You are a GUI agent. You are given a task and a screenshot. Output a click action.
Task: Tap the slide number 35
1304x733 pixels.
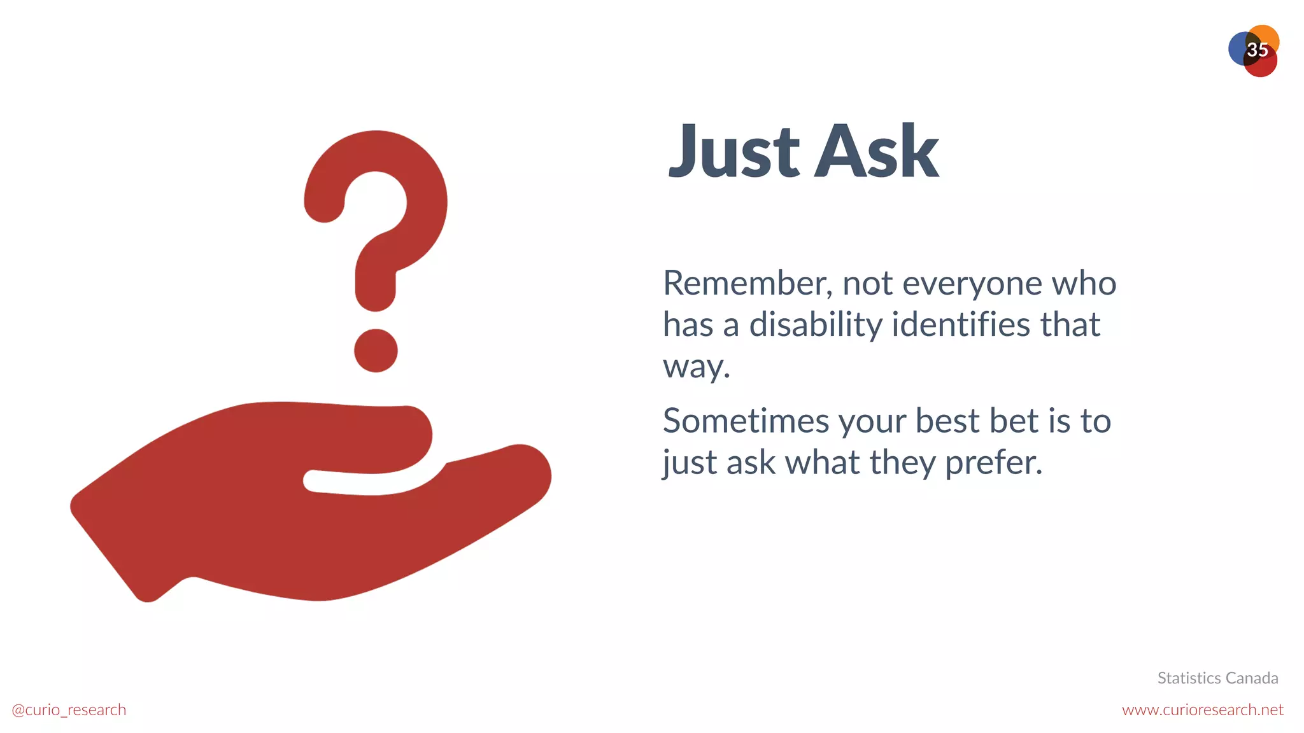1257,50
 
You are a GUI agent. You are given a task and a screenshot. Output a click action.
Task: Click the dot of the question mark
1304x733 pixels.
376,351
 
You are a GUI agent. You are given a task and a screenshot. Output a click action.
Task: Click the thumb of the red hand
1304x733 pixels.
376,439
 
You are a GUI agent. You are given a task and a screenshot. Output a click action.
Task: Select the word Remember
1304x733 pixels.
746,283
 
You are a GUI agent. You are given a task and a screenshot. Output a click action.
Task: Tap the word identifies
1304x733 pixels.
961,325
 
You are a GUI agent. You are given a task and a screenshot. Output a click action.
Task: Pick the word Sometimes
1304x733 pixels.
745,421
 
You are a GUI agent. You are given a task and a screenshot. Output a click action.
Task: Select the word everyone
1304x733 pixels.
972,284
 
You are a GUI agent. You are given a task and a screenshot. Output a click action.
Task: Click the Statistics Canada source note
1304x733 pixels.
1217,678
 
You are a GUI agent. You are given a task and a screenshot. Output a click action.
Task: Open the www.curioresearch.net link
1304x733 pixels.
1202,710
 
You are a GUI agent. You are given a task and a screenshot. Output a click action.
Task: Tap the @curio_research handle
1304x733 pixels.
69,710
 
